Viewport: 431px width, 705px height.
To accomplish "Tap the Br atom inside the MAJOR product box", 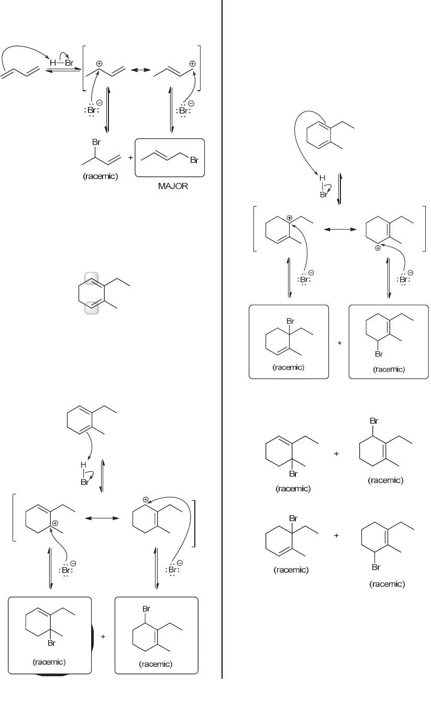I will click(x=194, y=160).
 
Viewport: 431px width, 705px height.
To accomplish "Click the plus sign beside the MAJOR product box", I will click(x=129, y=158).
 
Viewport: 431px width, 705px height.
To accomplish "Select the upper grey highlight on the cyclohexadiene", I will click(x=91, y=280).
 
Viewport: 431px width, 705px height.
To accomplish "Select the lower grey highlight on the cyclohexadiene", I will click(x=91, y=307).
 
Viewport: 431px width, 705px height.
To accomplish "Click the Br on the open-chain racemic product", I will click(x=96, y=143).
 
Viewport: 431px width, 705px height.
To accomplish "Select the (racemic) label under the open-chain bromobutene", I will click(x=100, y=176).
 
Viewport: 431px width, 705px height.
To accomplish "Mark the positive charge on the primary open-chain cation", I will click(x=192, y=63).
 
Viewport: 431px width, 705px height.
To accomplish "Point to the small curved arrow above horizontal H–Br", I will click(x=63, y=55).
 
